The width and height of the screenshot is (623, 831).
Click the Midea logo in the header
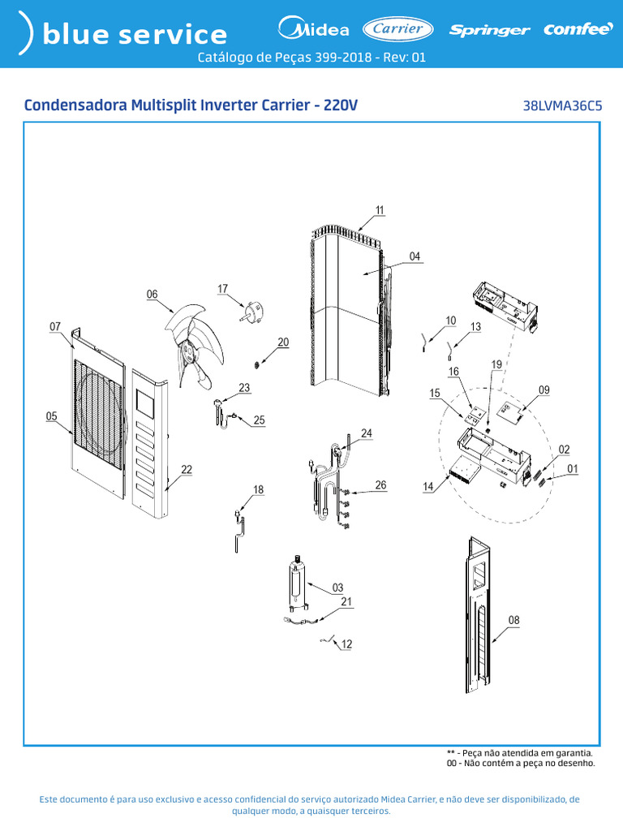click(313, 30)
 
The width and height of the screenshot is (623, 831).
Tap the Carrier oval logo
click(397, 29)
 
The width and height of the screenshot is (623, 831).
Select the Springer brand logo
click(489, 31)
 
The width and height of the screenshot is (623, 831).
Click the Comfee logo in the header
click(578, 30)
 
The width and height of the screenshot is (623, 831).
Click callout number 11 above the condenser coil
click(380, 209)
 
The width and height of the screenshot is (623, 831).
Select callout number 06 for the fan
click(152, 295)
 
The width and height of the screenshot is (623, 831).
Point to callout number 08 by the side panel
click(513, 620)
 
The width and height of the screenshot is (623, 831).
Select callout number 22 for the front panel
click(187, 469)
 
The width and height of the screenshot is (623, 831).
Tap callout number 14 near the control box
click(428, 487)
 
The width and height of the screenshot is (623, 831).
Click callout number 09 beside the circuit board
click(544, 390)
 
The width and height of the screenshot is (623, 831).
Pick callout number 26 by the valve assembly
click(380, 485)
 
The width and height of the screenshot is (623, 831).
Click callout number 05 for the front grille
click(51, 416)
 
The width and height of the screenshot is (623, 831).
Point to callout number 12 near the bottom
click(346, 644)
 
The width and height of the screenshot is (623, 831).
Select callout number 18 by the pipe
click(258, 489)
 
